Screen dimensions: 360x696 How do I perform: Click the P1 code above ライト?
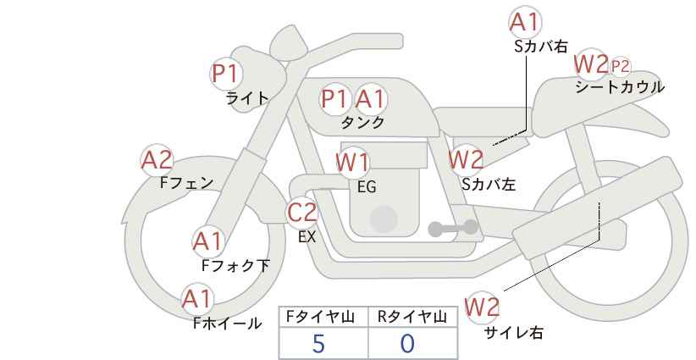tap(225, 74)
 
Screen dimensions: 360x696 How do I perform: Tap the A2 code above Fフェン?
tap(157, 159)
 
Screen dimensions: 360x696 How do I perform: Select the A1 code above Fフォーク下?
tap(207, 242)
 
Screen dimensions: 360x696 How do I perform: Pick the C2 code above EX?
tap(302, 213)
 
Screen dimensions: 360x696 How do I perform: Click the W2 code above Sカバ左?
tap(466, 158)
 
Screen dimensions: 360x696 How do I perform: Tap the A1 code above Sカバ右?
tap(526, 23)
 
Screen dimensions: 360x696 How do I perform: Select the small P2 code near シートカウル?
tap(621, 65)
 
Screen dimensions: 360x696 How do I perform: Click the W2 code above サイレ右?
tap(483, 306)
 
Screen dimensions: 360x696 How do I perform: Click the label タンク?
tap(362, 123)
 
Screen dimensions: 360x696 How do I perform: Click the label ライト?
tap(247, 98)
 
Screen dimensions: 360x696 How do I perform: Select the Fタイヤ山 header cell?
tap(323, 317)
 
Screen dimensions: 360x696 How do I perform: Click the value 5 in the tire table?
tap(319, 343)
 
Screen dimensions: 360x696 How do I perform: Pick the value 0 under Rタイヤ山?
tap(409, 343)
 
